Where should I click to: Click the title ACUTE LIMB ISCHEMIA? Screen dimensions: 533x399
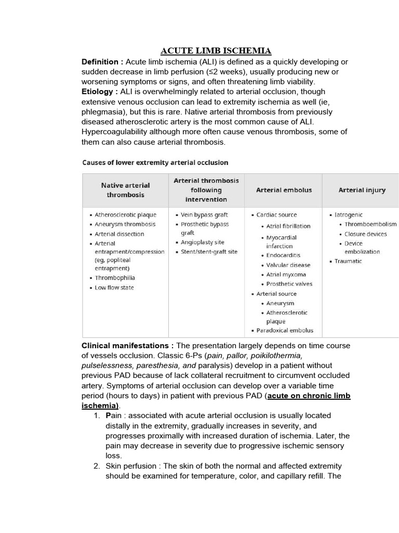pyautogui.click(x=216, y=50)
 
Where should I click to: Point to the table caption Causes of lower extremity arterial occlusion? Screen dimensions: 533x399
pyautogui.click(x=155, y=163)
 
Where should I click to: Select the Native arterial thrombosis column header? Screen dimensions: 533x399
pyautogui.click(x=125, y=190)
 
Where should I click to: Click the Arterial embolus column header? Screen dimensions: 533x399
pyautogui.click(x=284, y=190)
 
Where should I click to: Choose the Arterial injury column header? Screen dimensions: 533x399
pyautogui.click(x=362, y=190)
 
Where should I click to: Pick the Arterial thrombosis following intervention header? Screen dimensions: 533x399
pyautogui.click(x=206, y=190)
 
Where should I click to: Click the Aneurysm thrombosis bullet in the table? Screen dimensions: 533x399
pyautogui.click(x=125, y=224)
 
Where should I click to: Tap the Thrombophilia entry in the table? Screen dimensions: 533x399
pyautogui.click(x=114, y=278)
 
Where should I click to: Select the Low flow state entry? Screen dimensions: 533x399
pyautogui.click(x=114, y=288)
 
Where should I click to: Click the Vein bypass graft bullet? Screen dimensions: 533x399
pyautogui.click(x=204, y=214)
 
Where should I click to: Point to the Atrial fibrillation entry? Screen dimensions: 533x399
pyautogui.click(x=288, y=226)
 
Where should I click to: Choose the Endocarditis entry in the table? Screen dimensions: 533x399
pyautogui.click(x=283, y=256)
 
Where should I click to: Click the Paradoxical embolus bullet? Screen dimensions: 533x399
pyautogui.click(x=285, y=331)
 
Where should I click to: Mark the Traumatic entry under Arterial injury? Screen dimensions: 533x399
pyautogui.click(x=348, y=261)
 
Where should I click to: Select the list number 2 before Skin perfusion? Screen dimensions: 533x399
pyautogui.click(x=97, y=466)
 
